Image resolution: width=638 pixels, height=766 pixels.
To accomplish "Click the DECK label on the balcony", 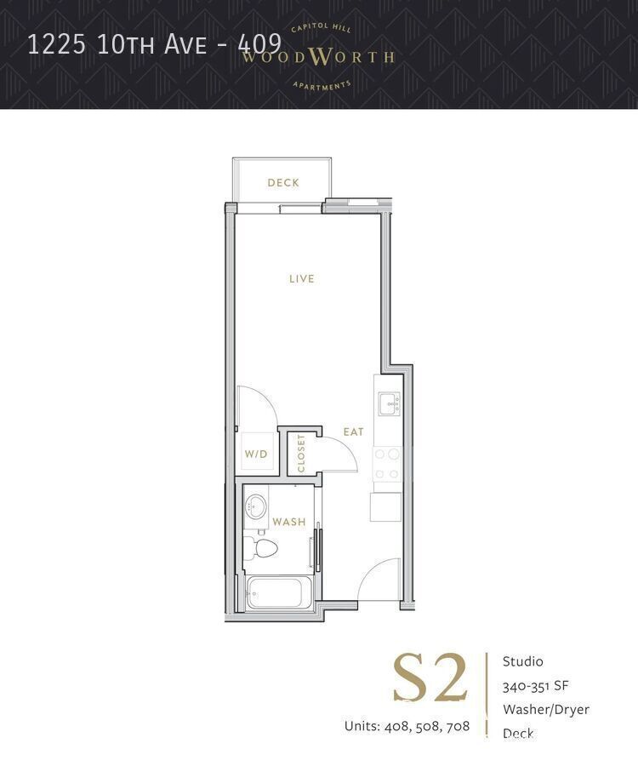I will coord(282,182).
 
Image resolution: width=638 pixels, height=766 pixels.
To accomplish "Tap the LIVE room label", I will coord(301,278).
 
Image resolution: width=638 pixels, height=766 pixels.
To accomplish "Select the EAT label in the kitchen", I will coord(353,432).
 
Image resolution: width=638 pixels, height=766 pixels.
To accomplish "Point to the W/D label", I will coord(256,454).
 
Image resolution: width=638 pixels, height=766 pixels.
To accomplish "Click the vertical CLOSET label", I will coord(301,454).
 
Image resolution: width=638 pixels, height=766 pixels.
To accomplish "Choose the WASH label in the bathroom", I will coord(288,522).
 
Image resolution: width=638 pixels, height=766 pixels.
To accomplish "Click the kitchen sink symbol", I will coord(389,403).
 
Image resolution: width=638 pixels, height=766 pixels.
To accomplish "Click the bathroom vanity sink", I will coord(255,506).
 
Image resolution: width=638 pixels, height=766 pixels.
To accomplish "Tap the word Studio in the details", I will coord(522,661).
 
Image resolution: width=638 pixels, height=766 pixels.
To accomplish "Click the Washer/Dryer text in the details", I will coord(545,709).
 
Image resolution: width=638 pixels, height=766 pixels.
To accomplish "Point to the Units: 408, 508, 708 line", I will coord(407,726).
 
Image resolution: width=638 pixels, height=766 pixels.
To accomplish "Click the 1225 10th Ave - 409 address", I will coord(154,44).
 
